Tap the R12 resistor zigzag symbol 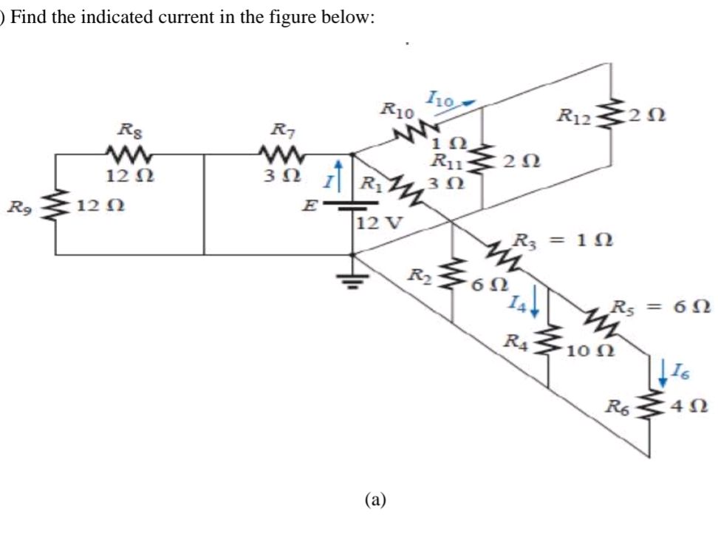click(x=610, y=116)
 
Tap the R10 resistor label click(x=397, y=111)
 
